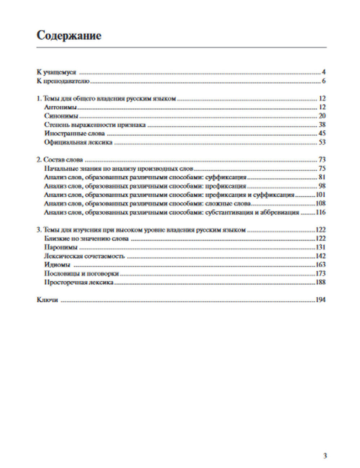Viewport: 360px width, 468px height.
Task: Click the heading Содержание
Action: (69, 36)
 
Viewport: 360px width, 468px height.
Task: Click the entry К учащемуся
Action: (56, 72)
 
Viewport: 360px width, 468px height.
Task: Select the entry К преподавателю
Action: (63, 81)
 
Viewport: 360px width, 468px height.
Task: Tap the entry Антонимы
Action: (60, 107)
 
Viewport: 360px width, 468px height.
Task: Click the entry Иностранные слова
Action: (69, 134)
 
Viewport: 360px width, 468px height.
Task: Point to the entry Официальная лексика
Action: (78, 142)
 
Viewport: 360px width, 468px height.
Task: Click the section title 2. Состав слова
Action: (60, 160)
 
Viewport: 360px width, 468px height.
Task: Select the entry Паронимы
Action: (60, 247)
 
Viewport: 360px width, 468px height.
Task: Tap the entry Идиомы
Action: (57, 265)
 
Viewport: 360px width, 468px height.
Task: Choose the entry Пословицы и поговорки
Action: (81, 274)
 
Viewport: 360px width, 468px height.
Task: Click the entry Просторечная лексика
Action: (79, 282)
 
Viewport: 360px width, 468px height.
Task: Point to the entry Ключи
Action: (47, 300)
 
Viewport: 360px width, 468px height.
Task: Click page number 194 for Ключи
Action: (320, 300)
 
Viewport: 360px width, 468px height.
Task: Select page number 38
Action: (322, 125)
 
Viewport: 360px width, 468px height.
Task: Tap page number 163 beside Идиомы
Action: (320, 265)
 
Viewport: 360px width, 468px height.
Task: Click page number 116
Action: (320, 212)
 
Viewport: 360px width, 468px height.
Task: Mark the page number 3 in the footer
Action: (325, 456)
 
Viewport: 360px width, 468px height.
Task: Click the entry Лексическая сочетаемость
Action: (84, 256)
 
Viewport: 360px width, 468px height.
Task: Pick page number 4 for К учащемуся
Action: (324, 72)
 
